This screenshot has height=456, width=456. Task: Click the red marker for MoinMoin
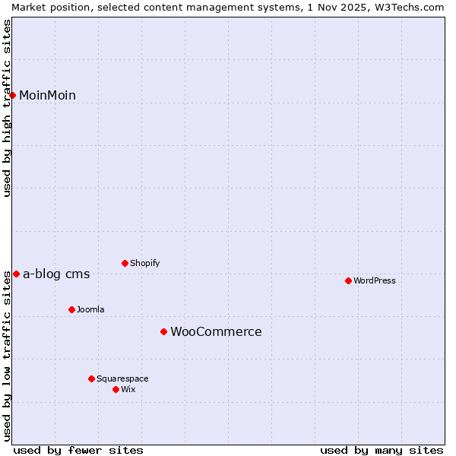(x=13, y=95)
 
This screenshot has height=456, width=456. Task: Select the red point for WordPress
(x=348, y=280)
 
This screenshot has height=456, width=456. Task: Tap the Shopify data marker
(x=125, y=263)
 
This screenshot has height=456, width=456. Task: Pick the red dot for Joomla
(x=71, y=309)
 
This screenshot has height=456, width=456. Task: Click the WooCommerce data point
(x=163, y=331)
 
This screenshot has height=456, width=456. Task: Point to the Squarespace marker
(x=91, y=378)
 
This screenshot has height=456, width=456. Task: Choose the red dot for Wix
(x=116, y=389)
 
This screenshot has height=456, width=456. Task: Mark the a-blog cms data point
(x=16, y=274)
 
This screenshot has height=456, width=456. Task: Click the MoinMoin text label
(x=47, y=95)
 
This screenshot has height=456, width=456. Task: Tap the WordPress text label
(x=375, y=280)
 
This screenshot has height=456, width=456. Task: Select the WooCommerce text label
(x=216, y=331)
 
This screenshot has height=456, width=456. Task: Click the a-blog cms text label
(x=56, y=274)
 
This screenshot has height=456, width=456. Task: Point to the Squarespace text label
(x=122, y=378)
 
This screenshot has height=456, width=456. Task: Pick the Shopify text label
(x=144, y=263)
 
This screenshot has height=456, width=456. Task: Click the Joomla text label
(x=90, y=309)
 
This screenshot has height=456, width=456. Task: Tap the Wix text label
(x=128, y=389)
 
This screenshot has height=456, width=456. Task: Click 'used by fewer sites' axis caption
(x=78, y=450)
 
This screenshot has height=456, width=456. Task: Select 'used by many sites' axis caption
(x=382, y=450)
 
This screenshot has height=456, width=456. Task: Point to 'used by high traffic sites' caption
(x=7, y=108)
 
